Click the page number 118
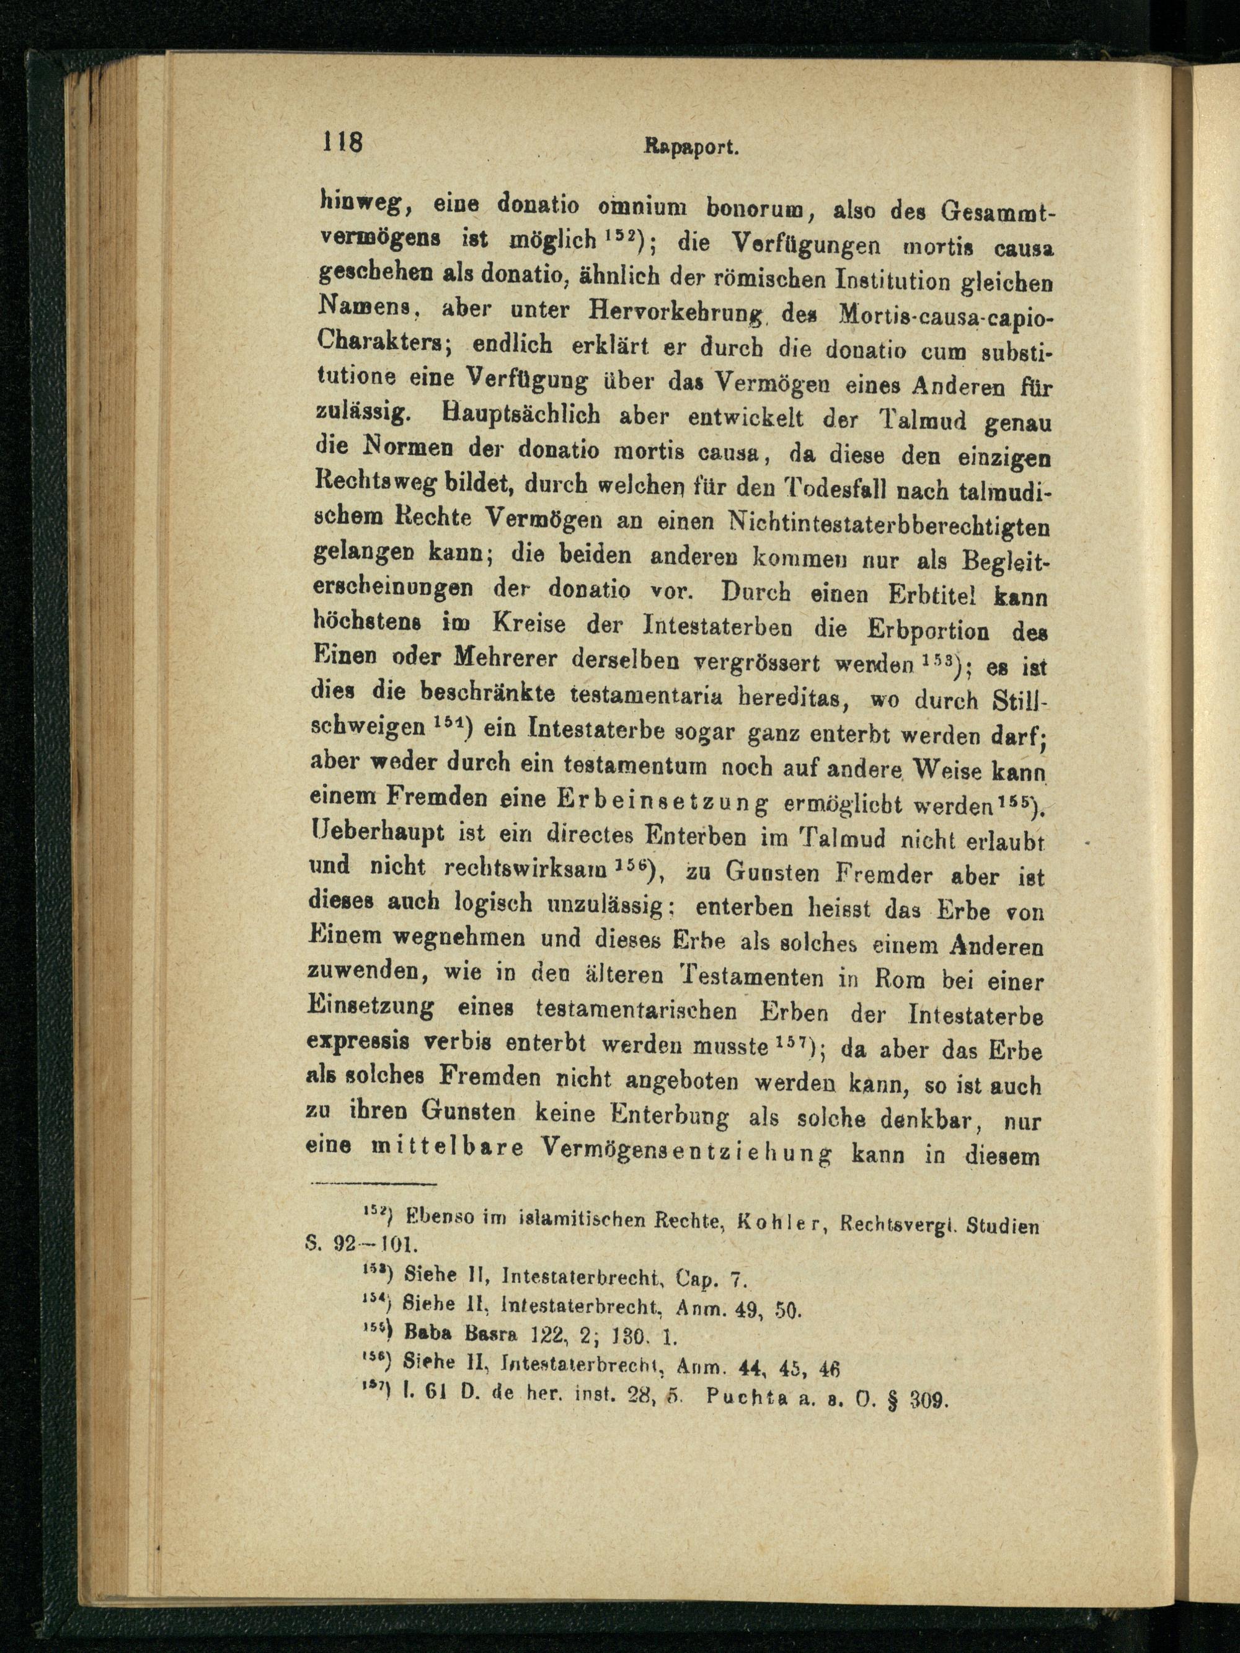pos(342,142)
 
